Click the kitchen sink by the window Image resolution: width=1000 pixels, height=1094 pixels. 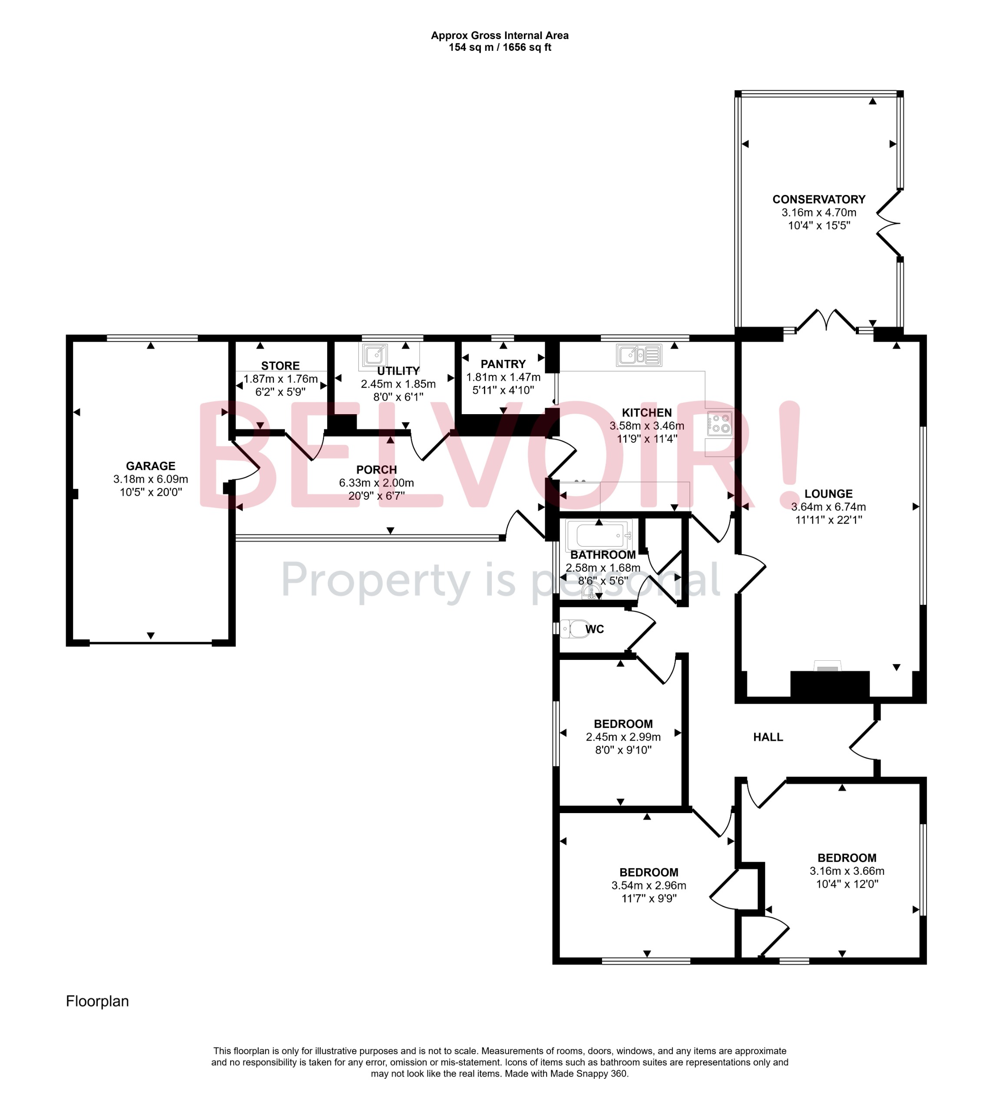(x=639, y=356)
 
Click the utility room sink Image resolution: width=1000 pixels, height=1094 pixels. (x=374, y=356)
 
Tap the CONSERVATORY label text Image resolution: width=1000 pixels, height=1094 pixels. (x=819, y=199)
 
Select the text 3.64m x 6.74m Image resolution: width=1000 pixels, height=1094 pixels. (x=828, y=507)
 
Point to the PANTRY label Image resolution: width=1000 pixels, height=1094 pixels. (x=503, y=364)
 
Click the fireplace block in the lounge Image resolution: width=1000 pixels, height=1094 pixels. (x=830, y=684)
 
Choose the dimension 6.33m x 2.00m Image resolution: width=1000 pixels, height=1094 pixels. (x=376, y=483)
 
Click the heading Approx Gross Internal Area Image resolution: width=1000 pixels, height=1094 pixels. (x=500, y=36)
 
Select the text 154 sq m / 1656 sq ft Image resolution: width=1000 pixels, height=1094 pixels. (x=500, y=48)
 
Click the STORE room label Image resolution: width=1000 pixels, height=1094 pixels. (x=280, y=366)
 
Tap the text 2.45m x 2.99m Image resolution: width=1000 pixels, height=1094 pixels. (x=623, y=737)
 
